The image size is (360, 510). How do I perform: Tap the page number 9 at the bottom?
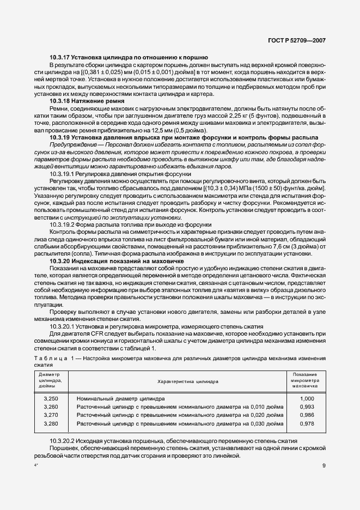(324, 465)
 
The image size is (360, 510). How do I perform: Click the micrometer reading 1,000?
(307, 398)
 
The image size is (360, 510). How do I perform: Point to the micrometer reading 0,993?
(307, 406)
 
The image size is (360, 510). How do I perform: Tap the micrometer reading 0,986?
(307, 415)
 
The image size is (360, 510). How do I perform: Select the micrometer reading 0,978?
(307, 423)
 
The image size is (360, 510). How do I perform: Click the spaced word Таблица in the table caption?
(50, 358)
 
